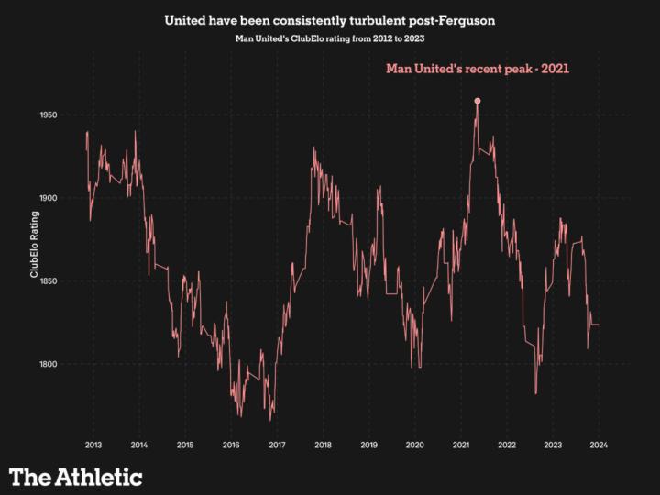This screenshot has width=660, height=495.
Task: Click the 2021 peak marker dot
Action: click(x=478, y=101)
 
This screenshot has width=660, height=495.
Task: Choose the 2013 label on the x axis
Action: click(x=93, y=445)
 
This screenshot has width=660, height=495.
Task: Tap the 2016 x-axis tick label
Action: click(x=231, y=445)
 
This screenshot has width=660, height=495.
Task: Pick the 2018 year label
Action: click(x=323, y=445)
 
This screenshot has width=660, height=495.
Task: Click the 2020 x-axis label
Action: click(x=414, y=445)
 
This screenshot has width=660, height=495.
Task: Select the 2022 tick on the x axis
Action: click(x=507, y=445)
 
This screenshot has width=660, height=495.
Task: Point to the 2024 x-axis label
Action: click(x=599, y=445)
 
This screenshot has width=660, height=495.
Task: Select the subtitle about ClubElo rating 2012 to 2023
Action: click(x=329, y=39)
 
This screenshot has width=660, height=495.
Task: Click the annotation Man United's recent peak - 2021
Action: click(x=478, y=69)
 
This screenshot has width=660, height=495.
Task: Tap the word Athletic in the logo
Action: click(x=98, y=477)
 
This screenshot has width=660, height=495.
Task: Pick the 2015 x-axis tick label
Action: click(x=184, y=445)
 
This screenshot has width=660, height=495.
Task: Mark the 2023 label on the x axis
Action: click(x=553, y=445)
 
